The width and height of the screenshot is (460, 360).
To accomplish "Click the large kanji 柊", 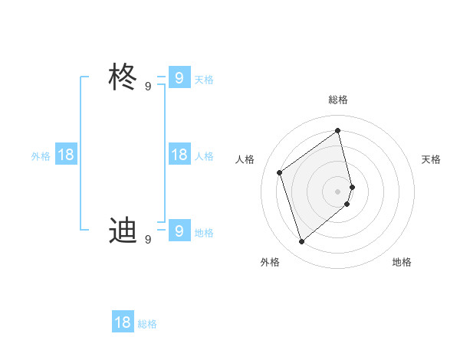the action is pos(123,77).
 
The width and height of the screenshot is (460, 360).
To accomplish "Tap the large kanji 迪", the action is pos(123,230).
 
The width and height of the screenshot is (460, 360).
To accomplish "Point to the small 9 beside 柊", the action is pos(148,87).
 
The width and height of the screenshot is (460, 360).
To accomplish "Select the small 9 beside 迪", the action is pos(148,239).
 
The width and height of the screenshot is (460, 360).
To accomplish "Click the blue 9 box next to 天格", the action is pos(179,77).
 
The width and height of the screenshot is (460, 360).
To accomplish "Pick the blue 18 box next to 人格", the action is pos(179,155).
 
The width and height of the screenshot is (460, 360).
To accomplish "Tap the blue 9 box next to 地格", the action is pos(179,230).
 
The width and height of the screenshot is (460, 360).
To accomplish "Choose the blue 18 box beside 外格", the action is pos(66,155).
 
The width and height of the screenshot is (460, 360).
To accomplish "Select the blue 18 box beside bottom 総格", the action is pos(123,322).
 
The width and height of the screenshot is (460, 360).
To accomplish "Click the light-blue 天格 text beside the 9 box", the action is pos(204,79).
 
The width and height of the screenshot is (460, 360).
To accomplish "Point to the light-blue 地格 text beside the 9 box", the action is pos(204,233).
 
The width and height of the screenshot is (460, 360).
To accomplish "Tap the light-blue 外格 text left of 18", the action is pos(41,156).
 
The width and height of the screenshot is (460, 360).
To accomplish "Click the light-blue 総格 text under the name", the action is pos(147,324).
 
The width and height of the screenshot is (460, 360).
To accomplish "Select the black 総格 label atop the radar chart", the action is pos(338,100).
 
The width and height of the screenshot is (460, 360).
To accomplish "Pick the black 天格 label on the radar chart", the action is pos(432,159).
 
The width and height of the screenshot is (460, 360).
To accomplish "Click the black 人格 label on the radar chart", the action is pos(245,159).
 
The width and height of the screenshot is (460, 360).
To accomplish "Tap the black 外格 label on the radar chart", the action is pos(269,262).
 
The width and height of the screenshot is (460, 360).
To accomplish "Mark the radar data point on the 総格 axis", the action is pos(338,130).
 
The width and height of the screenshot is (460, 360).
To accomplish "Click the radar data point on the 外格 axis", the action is pos(301,242).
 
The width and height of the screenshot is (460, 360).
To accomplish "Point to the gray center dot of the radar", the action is pos(338,191).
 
